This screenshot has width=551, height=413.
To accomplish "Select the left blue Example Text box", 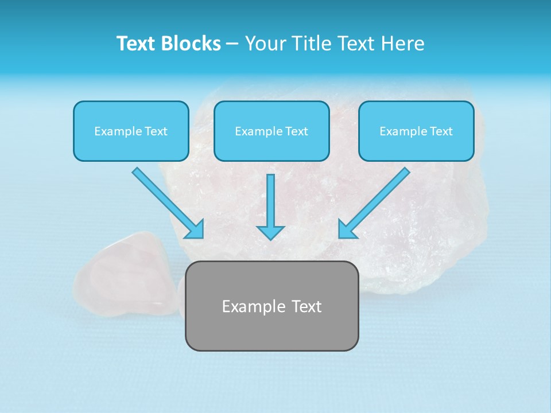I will pos(131,131).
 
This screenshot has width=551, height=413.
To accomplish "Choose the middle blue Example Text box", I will pos(271,131).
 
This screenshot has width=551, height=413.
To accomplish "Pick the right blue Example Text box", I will pos(416,131).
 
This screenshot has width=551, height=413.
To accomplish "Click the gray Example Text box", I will pos(271,306).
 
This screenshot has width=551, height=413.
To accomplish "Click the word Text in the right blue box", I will pos(440,131).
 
